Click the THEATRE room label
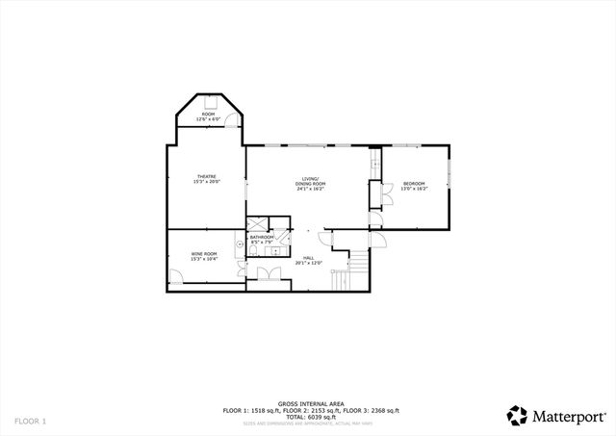(x=206, y=178)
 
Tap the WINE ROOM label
(x=203, y=255)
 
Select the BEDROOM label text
(x=414, y=184)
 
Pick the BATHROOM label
(x=262, y=237)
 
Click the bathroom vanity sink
(x=274, y=250)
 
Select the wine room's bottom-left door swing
(x=176, y=276)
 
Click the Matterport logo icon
(x=517, y=416)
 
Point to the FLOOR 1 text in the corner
(x=29, y=421)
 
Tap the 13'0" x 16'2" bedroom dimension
(x=414, y=189)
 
